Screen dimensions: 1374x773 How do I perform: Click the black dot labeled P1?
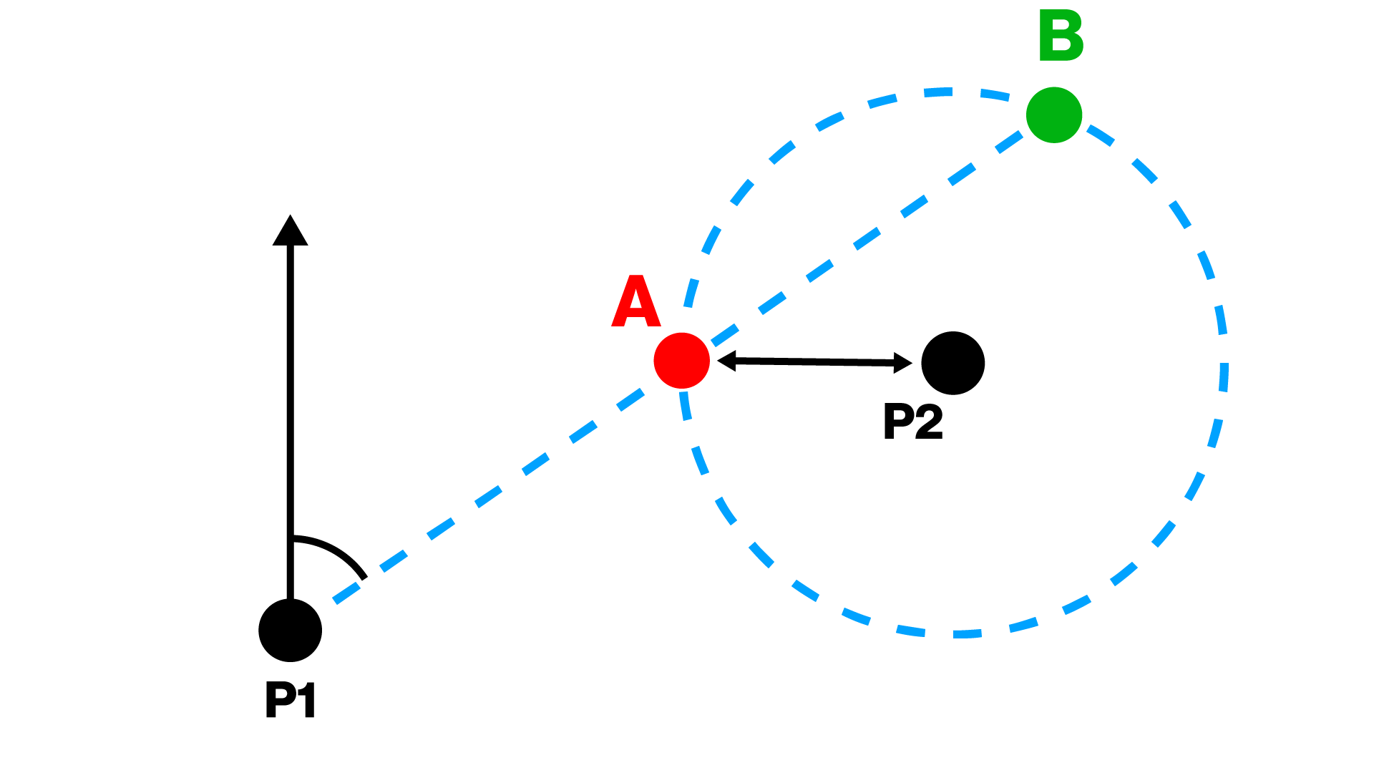pyautogui.click(x=290, y=630)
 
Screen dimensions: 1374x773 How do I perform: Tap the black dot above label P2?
pyautogui.click(x=952, y=363)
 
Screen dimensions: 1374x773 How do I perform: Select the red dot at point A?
pyautogui.click(x=681, y=361)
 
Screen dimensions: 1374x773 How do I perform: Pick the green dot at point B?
pyautogui.click(x=1053, y=115)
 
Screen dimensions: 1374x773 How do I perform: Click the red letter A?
pyautogui.click(x=635, y=302)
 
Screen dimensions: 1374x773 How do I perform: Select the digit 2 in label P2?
pyautogui.click(x=929, y=421)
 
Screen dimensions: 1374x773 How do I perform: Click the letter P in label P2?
pyautogui.click(x=898, y=421)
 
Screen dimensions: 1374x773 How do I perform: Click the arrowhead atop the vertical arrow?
pyautogui.click(x=290, y=230)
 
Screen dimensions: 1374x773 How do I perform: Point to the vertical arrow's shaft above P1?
pyautogui.click(x=290, y=422)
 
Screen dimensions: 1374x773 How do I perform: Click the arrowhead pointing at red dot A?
pyautogui.click(x=726, y=361)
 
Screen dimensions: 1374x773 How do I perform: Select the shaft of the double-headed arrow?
pyautogui.click(x=814, y=362)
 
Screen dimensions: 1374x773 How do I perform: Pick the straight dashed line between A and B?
pyautogui.click(x=867, y=238)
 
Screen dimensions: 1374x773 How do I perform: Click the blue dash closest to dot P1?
pyautogui.click(x=346, y=591)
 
